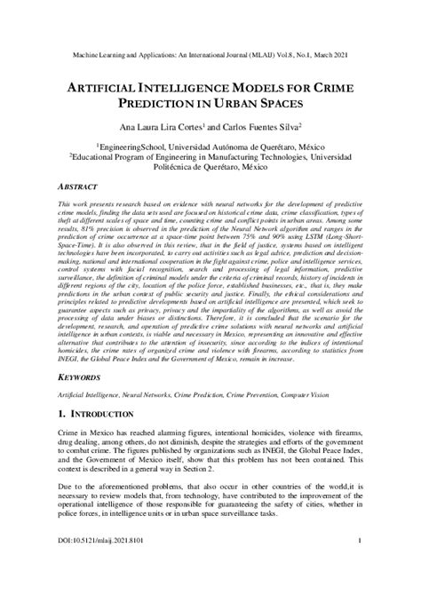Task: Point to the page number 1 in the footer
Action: coord(358,564)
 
